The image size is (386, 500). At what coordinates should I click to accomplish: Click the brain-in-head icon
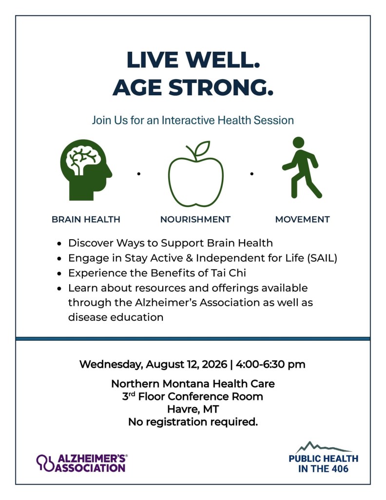coord(85,169)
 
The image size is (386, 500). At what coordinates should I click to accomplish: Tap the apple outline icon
coord(195,179)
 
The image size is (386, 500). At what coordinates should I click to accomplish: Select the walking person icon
coord(301,168)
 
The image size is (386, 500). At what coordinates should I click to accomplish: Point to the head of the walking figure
coord(298,143)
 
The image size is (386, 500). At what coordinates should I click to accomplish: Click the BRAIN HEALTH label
coord(86,219)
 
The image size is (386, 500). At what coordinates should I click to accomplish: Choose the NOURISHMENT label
coord(195,219)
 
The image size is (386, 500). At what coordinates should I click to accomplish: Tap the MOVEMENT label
coord(302,219)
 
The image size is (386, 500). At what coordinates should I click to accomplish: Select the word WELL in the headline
coord(222,60)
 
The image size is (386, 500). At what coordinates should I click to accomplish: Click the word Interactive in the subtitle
coord(188,120)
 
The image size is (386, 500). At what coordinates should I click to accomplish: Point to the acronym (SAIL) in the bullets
coord(322,258)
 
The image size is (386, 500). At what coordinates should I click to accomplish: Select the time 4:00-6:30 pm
coord(270,364)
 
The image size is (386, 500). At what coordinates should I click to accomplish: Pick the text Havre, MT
coord(193,409)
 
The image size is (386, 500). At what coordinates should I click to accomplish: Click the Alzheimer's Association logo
coord(82,463)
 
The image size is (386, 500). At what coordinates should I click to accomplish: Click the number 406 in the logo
coord(340,469)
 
